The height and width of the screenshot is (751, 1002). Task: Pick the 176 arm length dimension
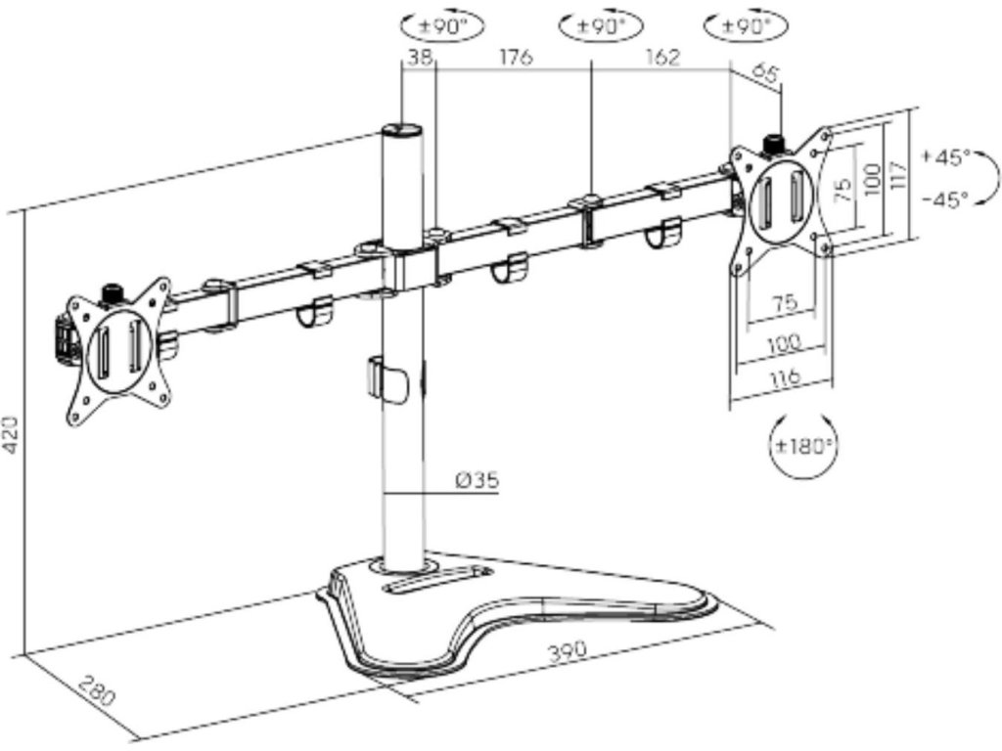pyautogui.click(x=515, y=58)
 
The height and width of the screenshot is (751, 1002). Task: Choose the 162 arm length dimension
pyautogui.click(x=662, y=58)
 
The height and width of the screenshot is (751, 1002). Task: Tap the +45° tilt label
pyautogui.click(x=945, y=156)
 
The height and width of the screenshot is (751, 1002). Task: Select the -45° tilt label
pyautogui.click(x=945, y=199)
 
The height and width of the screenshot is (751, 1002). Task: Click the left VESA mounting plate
pyautogui.click(x=117, y=349)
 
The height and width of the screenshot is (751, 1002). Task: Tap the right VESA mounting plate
pyautogui.click(x=783, y=196)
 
